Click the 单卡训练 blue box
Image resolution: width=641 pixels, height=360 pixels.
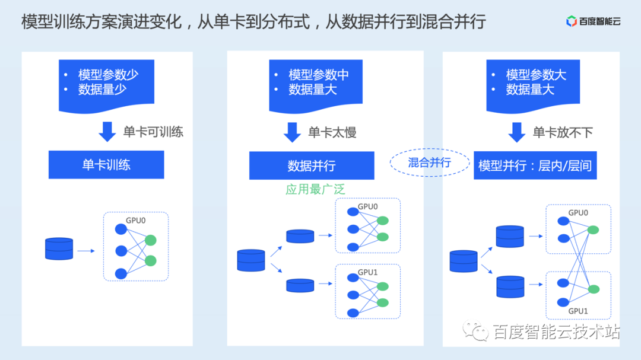click(106, 164)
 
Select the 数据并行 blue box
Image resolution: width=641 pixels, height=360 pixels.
click(312, 165)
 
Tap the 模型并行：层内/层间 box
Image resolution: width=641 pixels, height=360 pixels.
click(535, 165)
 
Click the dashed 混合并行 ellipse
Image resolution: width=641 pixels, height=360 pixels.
click(429, 163)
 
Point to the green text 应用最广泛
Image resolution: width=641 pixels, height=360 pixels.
click(315, 189)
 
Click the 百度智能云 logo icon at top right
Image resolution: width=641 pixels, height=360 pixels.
click(572, 22)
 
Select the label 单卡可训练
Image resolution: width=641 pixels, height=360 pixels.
click(153, 132)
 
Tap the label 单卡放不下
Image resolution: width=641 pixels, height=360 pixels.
click(563, 132)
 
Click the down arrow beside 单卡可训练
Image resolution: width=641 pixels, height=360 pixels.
click(107, 132)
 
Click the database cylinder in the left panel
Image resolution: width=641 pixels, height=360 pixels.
click(59, 249)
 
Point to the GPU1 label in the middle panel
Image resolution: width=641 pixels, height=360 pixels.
click(367, 272)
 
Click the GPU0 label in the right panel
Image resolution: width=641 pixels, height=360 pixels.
click(578, 212)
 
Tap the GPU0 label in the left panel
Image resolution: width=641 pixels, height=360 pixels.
click(136, 219)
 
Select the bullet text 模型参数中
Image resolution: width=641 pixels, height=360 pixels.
click(319, 75)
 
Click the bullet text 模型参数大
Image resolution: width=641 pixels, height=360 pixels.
click(536, 75)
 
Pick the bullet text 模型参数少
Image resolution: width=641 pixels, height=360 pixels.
click(108, 75)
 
